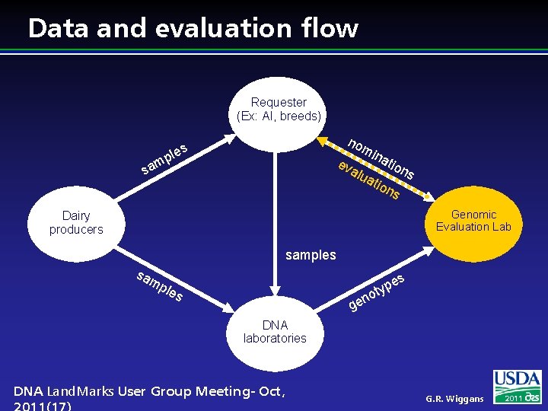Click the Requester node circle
(279, 110)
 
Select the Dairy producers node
(76, 222)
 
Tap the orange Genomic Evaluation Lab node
(473, 221)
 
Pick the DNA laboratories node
(275, 332)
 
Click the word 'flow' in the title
(330, 28)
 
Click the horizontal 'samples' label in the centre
(311, 255)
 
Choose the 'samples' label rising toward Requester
(164, 156)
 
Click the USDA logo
(518, 381)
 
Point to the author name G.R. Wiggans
(454, 399)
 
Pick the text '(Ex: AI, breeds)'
(279, 116)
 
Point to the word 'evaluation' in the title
(219, 28)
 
